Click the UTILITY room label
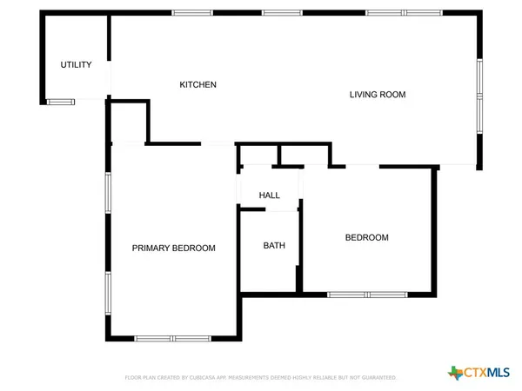pos(76,65)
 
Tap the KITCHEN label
pos(197,84)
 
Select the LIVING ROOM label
pos(378,94)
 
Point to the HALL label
pos(270,195)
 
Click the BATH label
pos(274,246)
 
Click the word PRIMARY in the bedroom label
pos(150,248)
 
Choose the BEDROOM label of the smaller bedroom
pos(366,237)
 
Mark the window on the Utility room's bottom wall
pos(61,102)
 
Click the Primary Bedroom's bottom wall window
pos(171,338)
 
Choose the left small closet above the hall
pos(258,155)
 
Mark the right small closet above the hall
pos(303,155)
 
